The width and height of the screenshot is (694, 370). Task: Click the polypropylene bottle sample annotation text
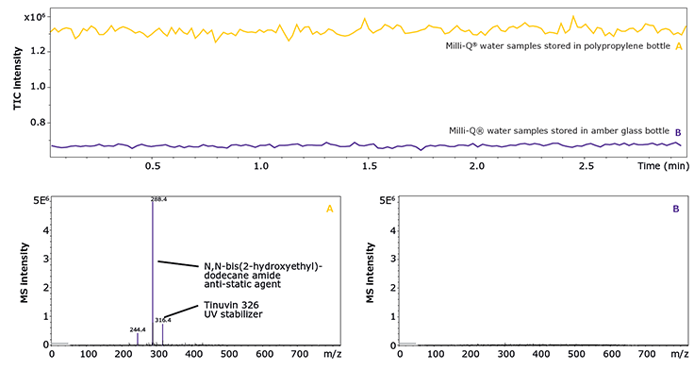click(x=556, y=46)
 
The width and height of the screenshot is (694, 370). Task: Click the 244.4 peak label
click(x=138, y=329)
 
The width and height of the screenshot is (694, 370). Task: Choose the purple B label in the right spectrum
click(x=675, y=209)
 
